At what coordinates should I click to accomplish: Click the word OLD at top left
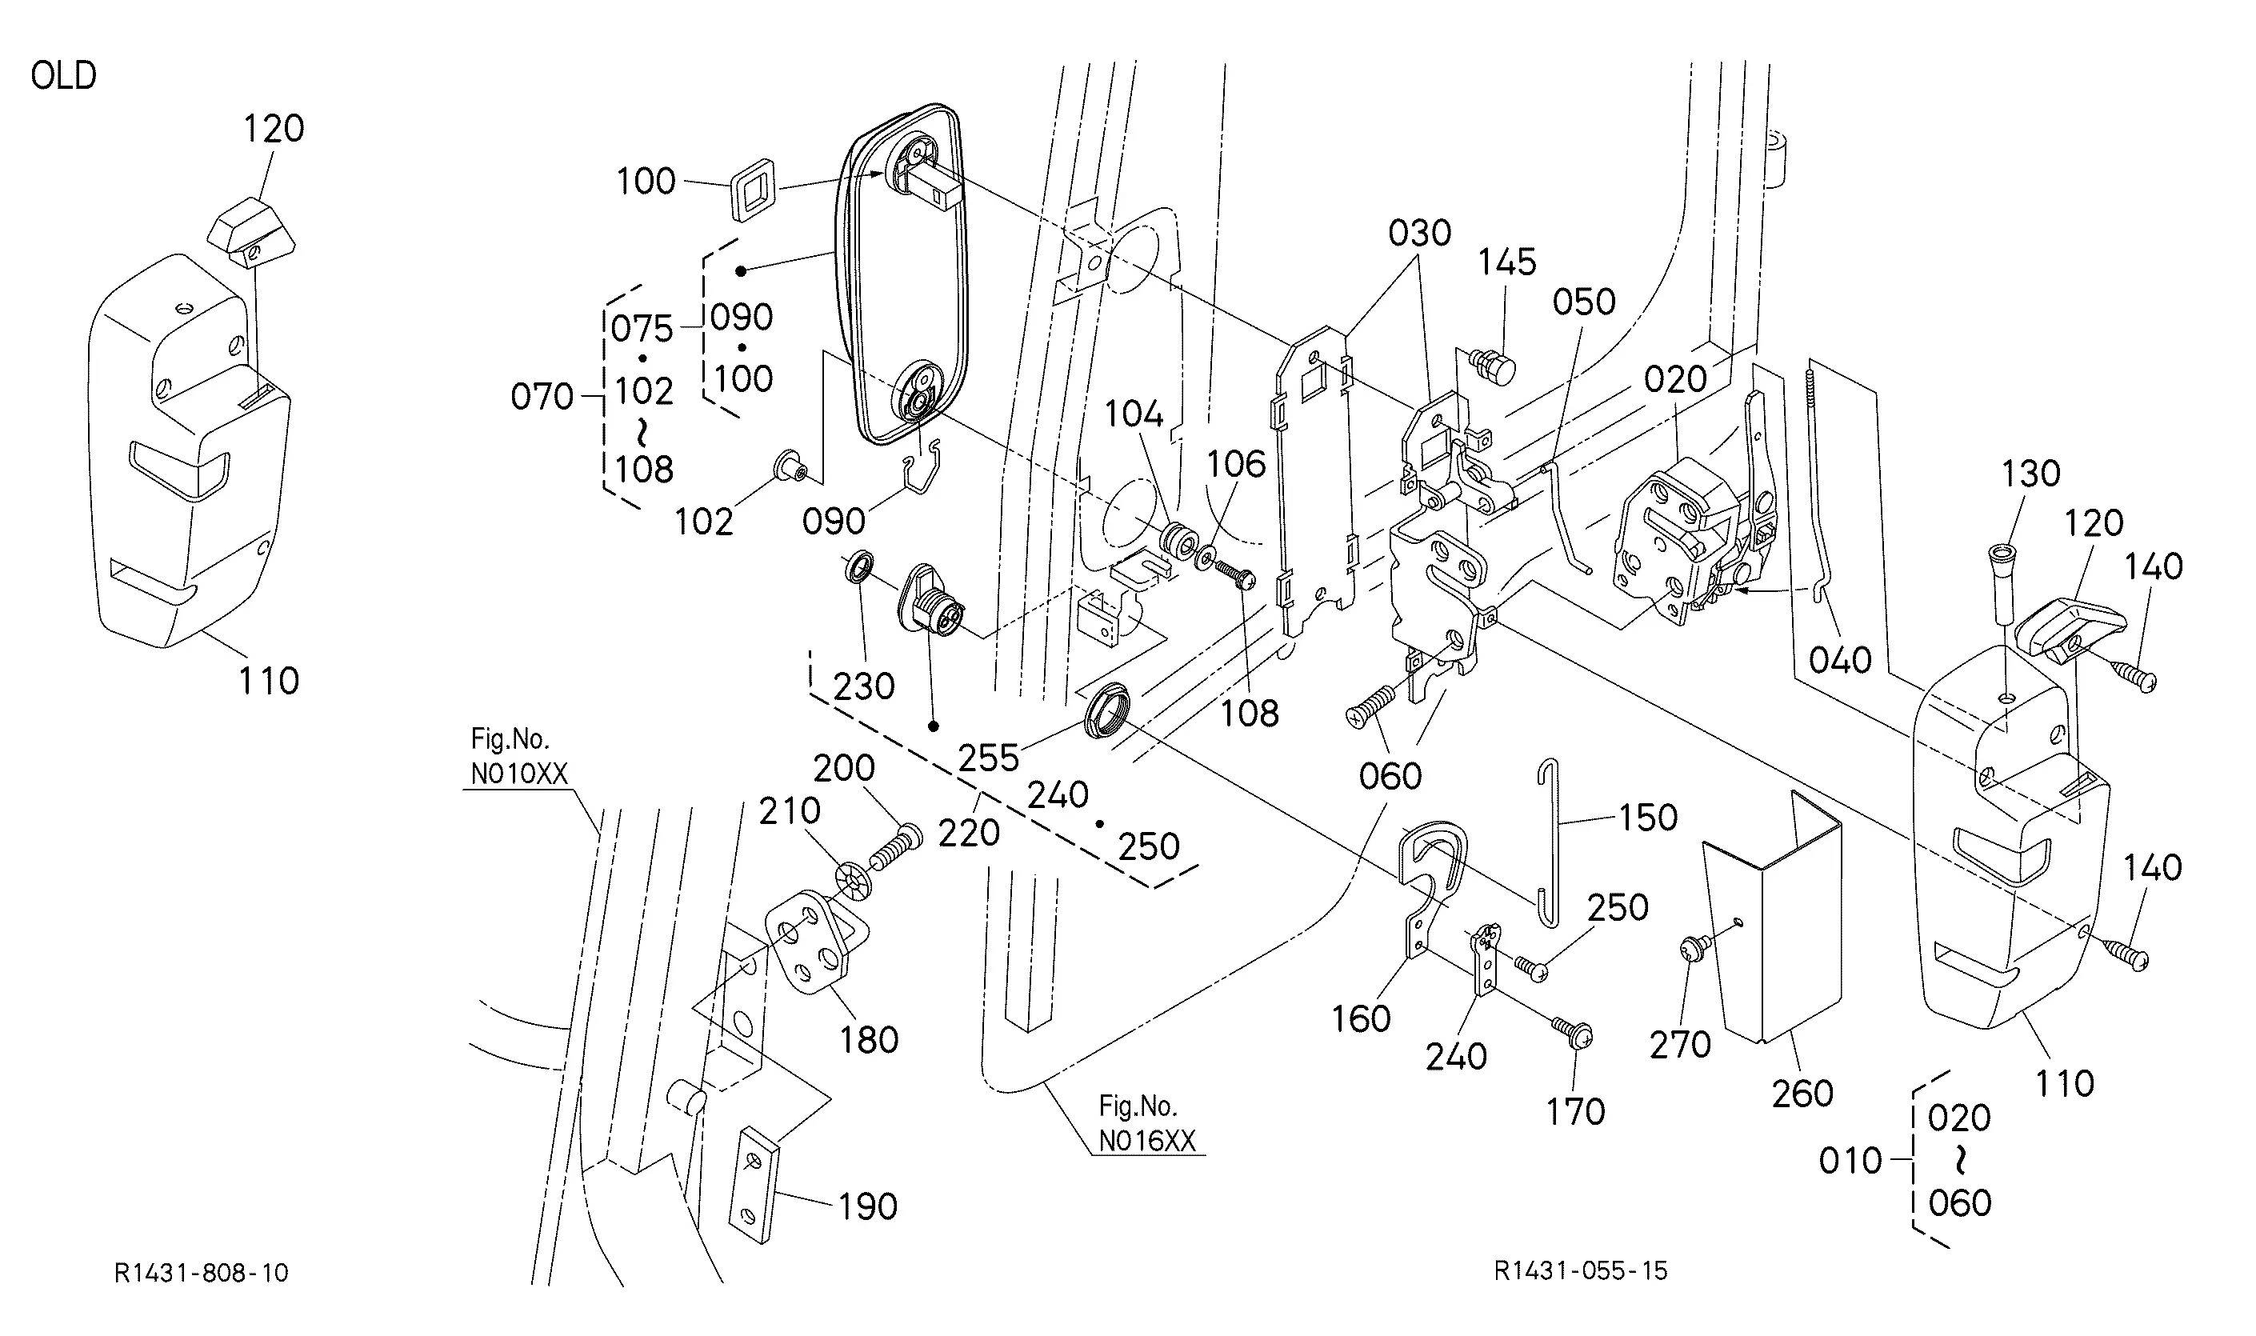coord(63,76)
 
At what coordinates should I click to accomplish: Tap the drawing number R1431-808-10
coord(202,1273)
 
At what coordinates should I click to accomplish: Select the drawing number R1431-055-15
coord(1581,1271)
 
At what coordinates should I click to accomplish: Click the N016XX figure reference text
coord(1147,1142)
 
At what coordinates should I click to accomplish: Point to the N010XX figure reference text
coord(518,774)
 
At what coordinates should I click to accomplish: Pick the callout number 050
coord(1583,302)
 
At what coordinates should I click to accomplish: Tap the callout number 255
coord(987,758)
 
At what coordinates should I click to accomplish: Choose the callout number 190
coord(868,1206)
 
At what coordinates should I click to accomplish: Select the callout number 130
coord(2031,474)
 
